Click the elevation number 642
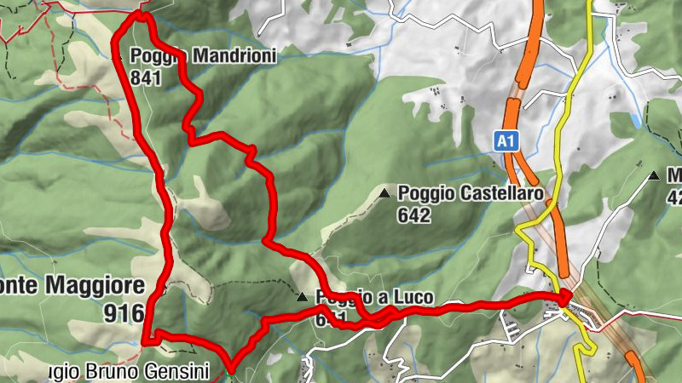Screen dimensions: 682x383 (x=414, y=214)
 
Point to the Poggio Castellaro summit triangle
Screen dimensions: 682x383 (x=385, y=194)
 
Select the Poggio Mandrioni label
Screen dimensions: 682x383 (x=204, y=56)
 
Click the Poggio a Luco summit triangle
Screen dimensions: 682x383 (x=302, y=297)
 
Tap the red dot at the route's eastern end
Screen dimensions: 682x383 (x=564, y=297)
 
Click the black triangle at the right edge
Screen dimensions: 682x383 (x=654, y=176)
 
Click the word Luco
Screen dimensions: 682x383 (x=414, y=297)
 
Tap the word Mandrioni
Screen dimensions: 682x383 (x=234, y=56)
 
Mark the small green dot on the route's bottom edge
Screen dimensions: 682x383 (x=231, y=370)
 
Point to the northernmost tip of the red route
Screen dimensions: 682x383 (x=142, y=14)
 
